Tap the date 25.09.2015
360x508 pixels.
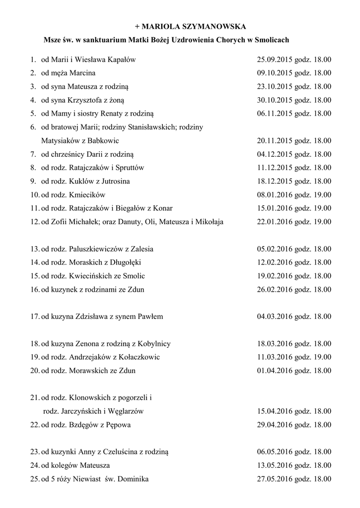coord(275,60)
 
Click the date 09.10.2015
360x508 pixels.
coord(275,73)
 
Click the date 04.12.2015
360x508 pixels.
coord(275,154)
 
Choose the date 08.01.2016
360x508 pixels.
coord(275,194)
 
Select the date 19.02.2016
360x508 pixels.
coord(275,276)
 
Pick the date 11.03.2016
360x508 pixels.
coord(275,357)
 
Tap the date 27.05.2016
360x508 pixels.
coord(275,479)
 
